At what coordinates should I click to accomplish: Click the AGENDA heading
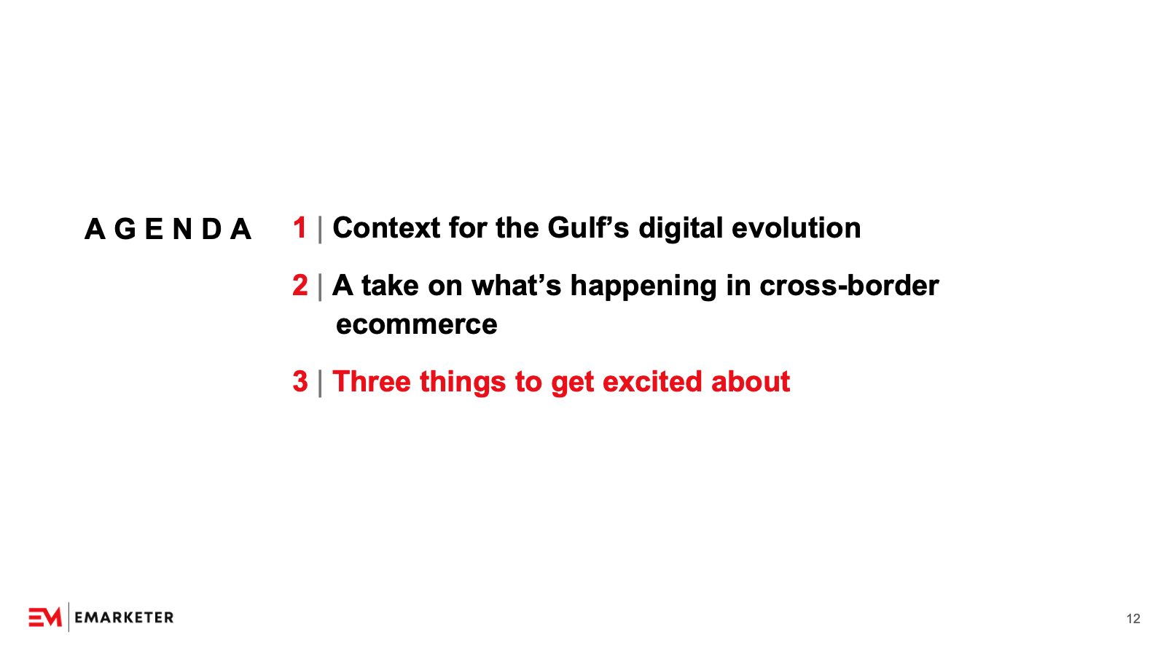(168, 229)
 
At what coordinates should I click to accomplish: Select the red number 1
(300, 228)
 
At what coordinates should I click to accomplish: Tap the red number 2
(300, 285)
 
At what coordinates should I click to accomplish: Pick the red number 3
(300, 382)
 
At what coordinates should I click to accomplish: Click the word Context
(386, 228)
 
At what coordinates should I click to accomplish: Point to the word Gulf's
(588, 228)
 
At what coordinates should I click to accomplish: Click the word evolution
(796, 228)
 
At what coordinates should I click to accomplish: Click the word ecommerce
(416, 325)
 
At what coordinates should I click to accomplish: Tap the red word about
(751, 382)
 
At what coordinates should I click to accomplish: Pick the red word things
(463, 383)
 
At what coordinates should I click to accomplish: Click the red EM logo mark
(45, 617)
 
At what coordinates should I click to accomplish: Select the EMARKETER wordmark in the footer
(124, 617)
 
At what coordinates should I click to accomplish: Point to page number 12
(1133, 619)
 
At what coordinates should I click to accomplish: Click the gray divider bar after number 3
(320, 383)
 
